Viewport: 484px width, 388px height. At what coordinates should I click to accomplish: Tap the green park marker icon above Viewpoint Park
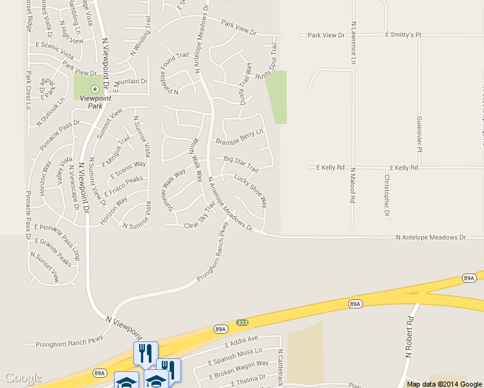(95, 89)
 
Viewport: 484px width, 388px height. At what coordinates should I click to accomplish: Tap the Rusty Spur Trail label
(267, 61)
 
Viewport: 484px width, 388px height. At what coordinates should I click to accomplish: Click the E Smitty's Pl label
(402, 34)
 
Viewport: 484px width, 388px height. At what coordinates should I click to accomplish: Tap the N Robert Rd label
(409, 337)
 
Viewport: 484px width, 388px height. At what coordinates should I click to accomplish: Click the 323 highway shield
(242, 321)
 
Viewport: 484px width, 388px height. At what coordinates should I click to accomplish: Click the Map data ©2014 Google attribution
(444, 383)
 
